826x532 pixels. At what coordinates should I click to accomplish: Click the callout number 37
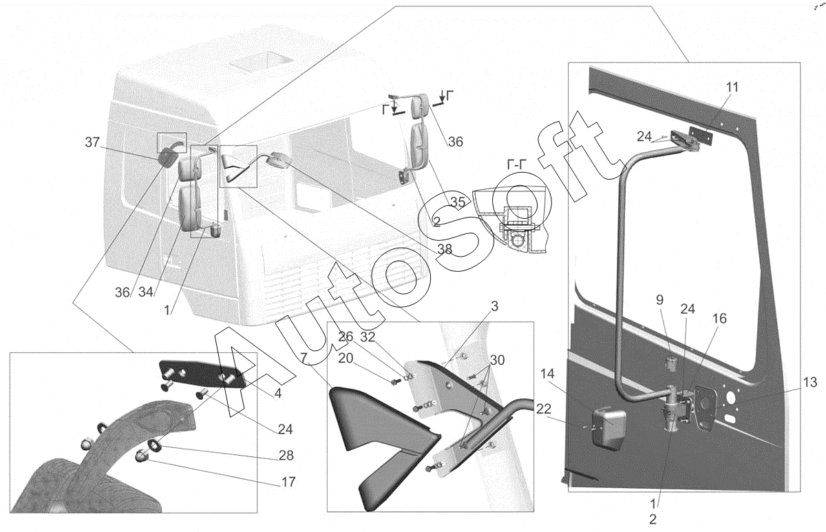click(92, 142)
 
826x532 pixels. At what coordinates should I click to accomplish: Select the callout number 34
click(146, 292)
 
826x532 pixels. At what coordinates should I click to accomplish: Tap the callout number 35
click(458, 202)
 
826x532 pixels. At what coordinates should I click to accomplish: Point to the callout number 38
click(445, 250)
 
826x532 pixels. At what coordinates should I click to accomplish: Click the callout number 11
click(732, 87)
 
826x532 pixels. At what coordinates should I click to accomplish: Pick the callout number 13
click(810, 383)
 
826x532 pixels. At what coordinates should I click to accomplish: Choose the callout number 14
click(548, 374)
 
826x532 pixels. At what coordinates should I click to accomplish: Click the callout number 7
click(304, 358)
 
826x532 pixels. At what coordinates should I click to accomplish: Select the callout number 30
click(497, 360)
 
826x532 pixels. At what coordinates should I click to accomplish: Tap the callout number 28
click(286, 456)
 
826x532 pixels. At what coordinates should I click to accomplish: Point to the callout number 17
click(288, 482)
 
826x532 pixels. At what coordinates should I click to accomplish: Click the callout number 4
click(277, 394)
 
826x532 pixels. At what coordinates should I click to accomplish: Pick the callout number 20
click(346, 359)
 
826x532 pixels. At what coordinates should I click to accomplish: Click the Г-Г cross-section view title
click(517, 164)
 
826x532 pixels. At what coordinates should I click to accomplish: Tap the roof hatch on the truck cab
click(261, 61)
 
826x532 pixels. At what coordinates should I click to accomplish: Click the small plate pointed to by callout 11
click(701, 135)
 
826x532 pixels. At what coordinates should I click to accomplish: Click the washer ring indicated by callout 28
click(154, 445)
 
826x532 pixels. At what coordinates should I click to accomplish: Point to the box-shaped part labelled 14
click(608, 428)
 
